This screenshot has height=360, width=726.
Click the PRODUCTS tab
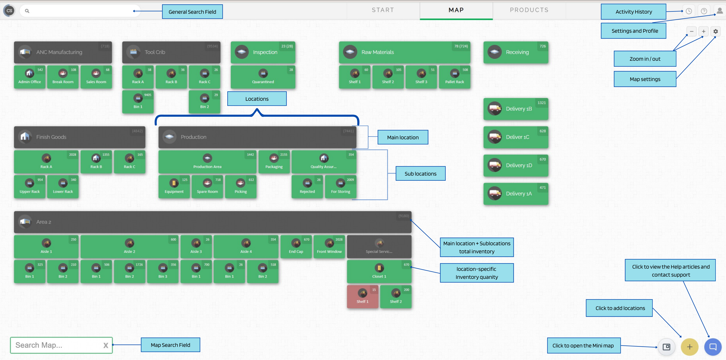click(529, 10)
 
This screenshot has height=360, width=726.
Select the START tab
click(383, 10)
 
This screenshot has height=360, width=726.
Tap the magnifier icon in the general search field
click(27, 11)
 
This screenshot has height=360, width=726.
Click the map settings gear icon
click(715, 31)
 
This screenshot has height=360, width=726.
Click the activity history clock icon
click(689, 11)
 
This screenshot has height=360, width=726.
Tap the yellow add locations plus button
click(690, 347)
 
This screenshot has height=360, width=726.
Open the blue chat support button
click(713, 347)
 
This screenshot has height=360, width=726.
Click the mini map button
click(667, 347)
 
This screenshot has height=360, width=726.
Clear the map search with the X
click(106, 345)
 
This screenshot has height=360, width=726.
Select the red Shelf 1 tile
click(362, 297)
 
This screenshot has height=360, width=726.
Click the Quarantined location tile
click(263, 77)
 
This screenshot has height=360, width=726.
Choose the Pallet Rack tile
click(455, 77)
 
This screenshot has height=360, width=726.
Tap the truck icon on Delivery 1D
click(495, 165)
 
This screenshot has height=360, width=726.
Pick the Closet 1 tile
click(379, 271)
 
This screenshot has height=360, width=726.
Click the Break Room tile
click(63, 77)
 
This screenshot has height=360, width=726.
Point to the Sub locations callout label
click(420, 174)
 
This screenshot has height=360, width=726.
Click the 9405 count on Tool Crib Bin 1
click(148, 95)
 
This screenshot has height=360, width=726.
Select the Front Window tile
click(329, 246)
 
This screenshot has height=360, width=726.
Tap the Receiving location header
click(516, 52)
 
